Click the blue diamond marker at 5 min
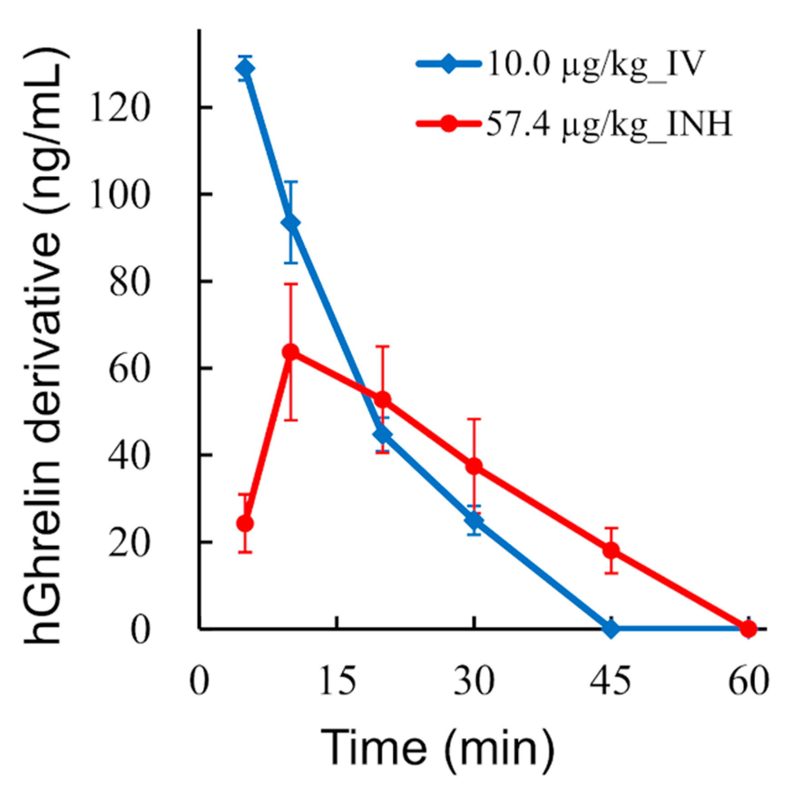point(245,69)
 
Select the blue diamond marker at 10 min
point(290,222)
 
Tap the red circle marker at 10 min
point(290,352)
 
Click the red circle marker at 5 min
point(245,523)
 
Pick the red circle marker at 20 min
point(383,400)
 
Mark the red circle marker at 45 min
point(611,550)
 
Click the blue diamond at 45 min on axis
point(611,629)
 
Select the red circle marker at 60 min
point(748,629)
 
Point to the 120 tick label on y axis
point(119,108)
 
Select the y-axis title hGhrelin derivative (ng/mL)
point(44,345)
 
